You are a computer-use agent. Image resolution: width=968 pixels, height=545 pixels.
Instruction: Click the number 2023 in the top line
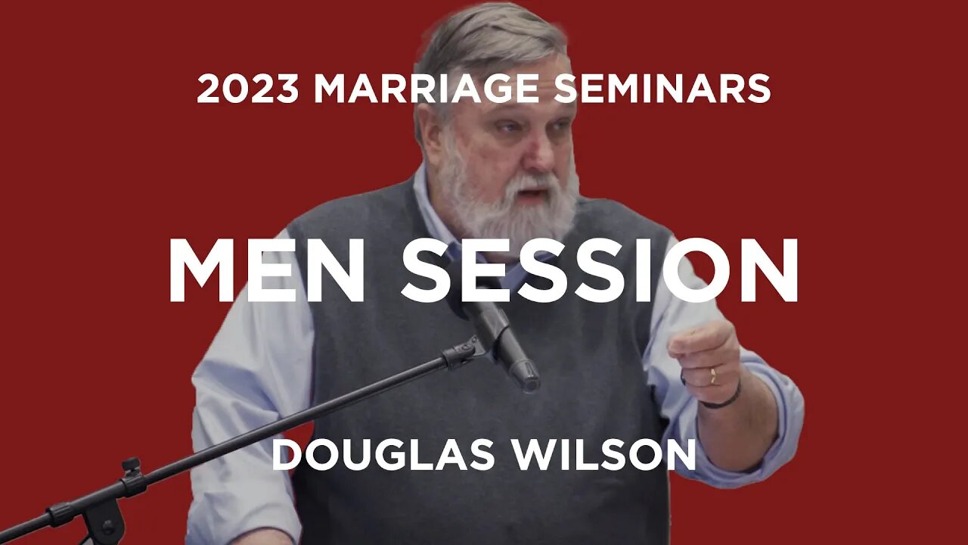[x=248, y=89]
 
